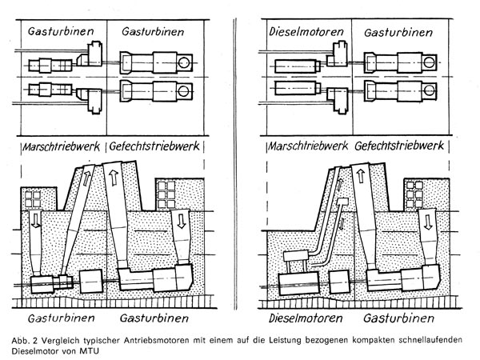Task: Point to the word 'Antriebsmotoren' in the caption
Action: (x=153, y=338)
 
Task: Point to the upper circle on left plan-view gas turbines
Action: (x=185, y=62)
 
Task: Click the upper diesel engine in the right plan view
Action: (x=291, y=61)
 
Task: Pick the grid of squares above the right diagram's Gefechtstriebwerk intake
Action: (x=414, y=192)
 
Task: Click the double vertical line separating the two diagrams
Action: (x=238, y=160)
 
